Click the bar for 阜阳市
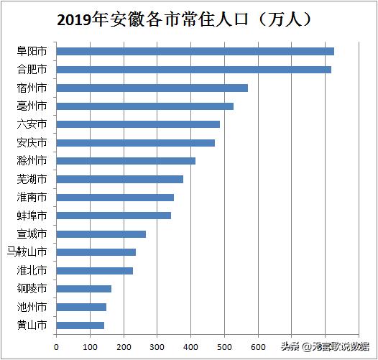pos(195,51)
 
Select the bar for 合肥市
pos(193,70)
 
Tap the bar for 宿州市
pos(152,88)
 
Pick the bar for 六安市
pos(138,124)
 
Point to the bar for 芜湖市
pos(119,179)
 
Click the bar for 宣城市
pos(101,234)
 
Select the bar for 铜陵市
pos(83,289)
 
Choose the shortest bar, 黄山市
pos(80,326)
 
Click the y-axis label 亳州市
pos(32,106)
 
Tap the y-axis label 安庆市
pos(32,142)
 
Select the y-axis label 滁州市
pos(32,160)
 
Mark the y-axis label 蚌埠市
pos(32,216)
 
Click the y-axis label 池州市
pos(32,307)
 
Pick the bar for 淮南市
pos(115,198)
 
